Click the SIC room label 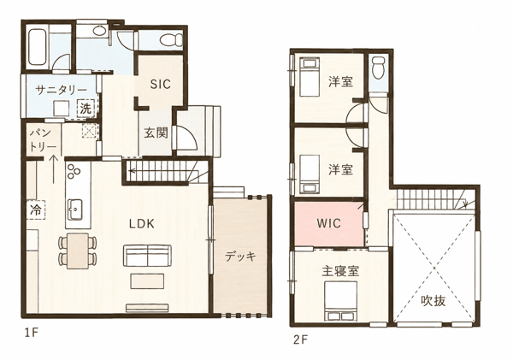point(161,84)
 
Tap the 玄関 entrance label point(156,133)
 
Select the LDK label point(141,224)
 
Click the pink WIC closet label point(329,223)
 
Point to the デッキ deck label point(240,257)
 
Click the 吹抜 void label point(433,300)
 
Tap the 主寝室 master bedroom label point(340,271)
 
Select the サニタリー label point(62,90)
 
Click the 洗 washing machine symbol point(85,109)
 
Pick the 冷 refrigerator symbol point(36,210)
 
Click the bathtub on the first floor point(38,48)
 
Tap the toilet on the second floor point(379,68)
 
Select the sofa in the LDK point(147,256)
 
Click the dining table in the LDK point(78,251)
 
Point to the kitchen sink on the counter point(75,210)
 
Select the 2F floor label point(300,340)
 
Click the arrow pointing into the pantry point(53,169)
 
